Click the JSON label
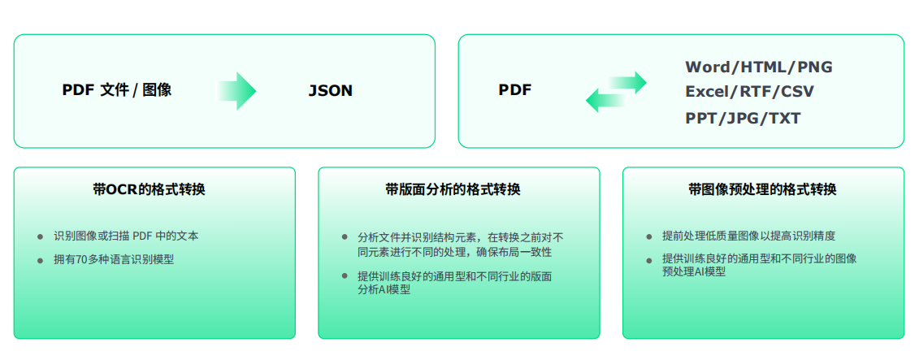[331, 91]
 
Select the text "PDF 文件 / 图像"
[117, 90]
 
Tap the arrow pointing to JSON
[236, 91]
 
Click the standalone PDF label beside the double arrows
[515, 90]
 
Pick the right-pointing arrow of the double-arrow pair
[628, 83]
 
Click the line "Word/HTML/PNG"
[759, 67]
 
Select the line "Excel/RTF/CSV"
[750, 92]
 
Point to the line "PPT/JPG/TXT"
[743, 118]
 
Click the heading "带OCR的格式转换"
[149, 189]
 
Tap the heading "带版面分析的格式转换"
[453, 189]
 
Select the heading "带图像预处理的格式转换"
[762, 189]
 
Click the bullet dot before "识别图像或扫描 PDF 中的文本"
[41, 236]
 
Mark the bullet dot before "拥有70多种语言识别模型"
[41, 260]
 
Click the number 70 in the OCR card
[82, 260]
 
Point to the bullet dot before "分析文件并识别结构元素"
[345, 236]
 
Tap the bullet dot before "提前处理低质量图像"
[649, 236]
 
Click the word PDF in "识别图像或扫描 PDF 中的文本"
[142, 236]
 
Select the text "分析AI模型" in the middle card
[384, 289]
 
